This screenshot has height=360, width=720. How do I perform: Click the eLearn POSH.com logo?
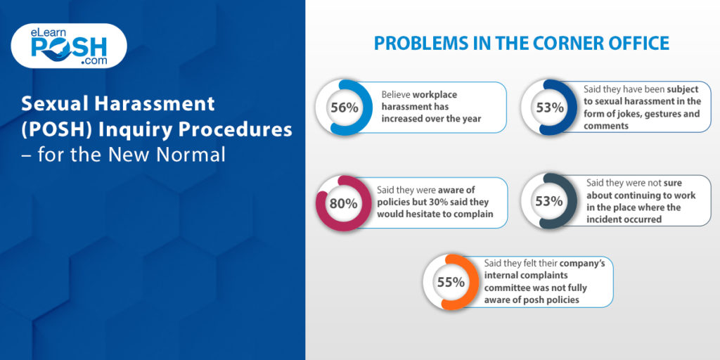(x=68, y=46)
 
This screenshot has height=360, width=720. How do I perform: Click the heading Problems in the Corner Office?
(x=521, y=43)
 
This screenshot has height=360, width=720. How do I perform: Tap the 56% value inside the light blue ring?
(x=344, y=108)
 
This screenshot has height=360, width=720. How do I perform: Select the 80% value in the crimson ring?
(x=344, y=203)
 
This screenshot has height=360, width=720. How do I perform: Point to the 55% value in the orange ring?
(x=451, y=282)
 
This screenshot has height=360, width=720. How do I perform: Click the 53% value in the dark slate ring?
(x=549, y=200)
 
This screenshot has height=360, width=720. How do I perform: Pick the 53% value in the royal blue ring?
(x=549, y=108)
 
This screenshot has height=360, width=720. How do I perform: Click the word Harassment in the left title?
(x=165, y=104)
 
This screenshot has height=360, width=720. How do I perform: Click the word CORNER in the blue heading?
(x=554, y=43)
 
